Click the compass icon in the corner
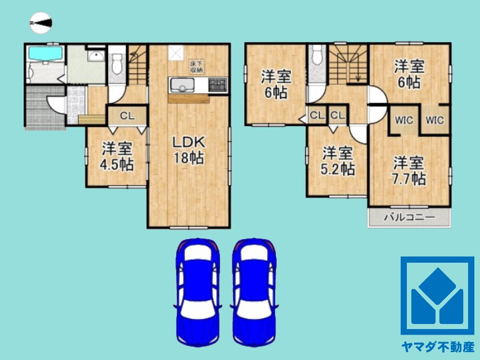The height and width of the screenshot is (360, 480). [x=41, y=22]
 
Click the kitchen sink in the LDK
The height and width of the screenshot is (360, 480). [x=181, y=85]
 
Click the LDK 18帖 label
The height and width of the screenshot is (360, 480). [x=188, y=150]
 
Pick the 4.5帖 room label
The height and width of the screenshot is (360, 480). [x=116, y=157]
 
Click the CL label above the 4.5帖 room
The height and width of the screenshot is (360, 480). [x=126, y=117]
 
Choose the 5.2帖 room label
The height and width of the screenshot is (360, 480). [x=338, y=161]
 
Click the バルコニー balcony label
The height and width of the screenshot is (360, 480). [x=409, y=218]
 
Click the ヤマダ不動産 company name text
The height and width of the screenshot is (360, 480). [x=437, y=346]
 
